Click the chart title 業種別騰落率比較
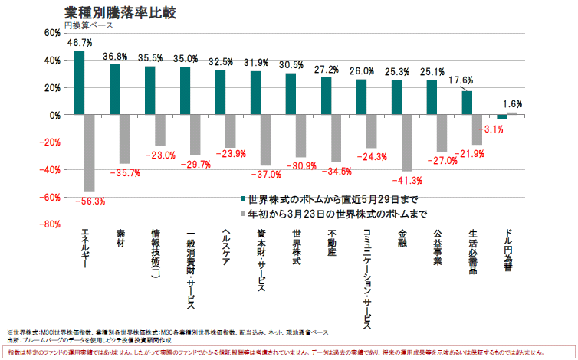115,13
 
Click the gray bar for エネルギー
89,153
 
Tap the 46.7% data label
79,43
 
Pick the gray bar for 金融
406,142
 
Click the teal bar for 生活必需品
467,103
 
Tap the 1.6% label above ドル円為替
512,104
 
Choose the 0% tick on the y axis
54,115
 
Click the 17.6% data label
461,80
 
